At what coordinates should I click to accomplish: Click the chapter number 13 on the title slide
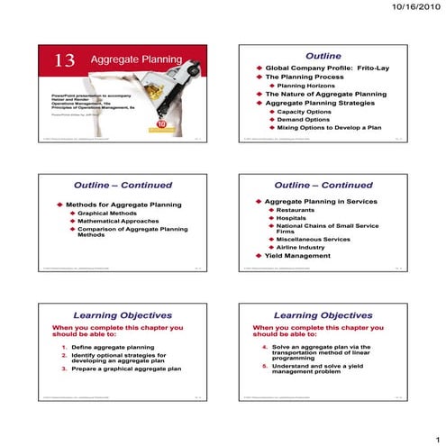[x=65, y=60]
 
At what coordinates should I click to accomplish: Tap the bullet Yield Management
[x=297, y=256]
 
